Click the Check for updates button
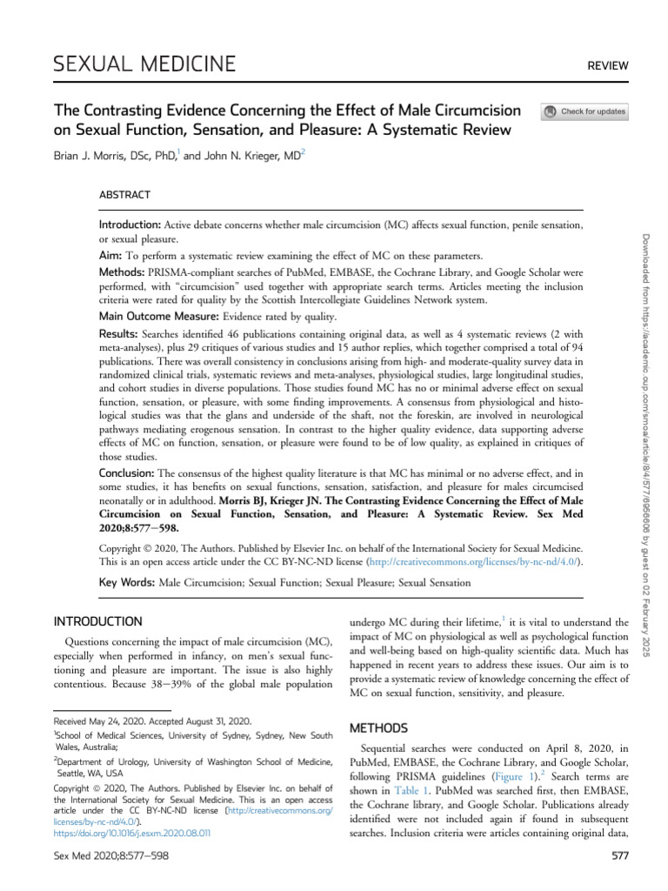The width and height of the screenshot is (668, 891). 584,111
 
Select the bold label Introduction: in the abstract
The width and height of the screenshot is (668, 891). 135,224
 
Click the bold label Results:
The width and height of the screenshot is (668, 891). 121,333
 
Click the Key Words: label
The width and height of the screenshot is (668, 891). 128,582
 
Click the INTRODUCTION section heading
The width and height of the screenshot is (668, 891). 98,621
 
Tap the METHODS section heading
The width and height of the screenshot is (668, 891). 377,726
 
